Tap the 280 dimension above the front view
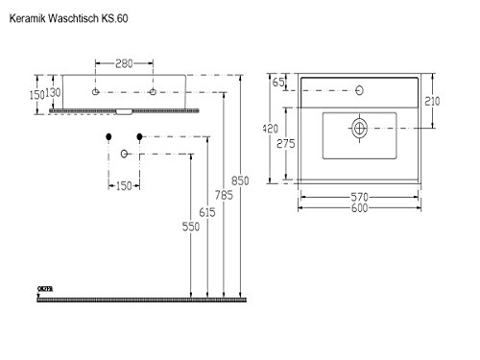click(x=125, y=64)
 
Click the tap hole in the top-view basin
click(x=361, y=92)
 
